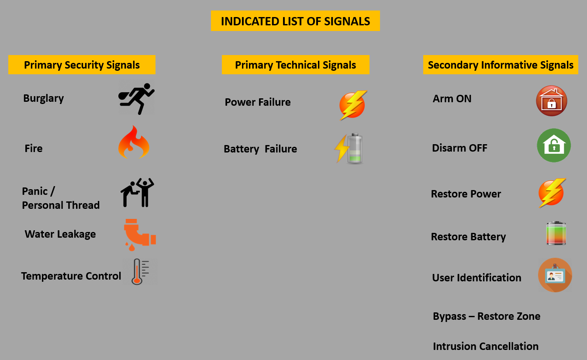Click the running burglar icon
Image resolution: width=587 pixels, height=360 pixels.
coord(136,99)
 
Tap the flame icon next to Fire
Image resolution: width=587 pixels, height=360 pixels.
coord(134,142)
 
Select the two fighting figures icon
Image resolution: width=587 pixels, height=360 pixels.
coord(138,192)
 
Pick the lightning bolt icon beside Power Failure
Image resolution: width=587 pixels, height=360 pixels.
coord(353,105)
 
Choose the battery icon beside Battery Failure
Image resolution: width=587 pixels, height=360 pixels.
coord(349,149)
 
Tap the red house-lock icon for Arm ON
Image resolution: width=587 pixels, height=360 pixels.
coord(552,100)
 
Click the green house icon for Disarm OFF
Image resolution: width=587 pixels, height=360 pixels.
coord(553,145)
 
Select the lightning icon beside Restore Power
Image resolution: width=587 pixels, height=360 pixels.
coord(552,193)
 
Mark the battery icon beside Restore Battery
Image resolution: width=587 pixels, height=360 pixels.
coord(556,233)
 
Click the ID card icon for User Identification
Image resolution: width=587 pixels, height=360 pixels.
coord(555,275)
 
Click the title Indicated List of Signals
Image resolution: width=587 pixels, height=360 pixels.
coord(295,21)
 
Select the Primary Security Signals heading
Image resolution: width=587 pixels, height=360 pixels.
coord(82,65)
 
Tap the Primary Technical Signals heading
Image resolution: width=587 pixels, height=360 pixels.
coord(295,65)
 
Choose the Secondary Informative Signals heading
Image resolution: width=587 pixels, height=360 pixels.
coord(501,65)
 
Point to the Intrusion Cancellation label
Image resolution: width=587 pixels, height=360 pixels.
coord(486,346)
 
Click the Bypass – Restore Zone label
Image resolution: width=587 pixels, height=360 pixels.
coord(487,316)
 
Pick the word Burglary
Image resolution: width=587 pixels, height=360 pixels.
coord(44,98)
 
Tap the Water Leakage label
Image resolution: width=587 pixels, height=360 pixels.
coord(60,234)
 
